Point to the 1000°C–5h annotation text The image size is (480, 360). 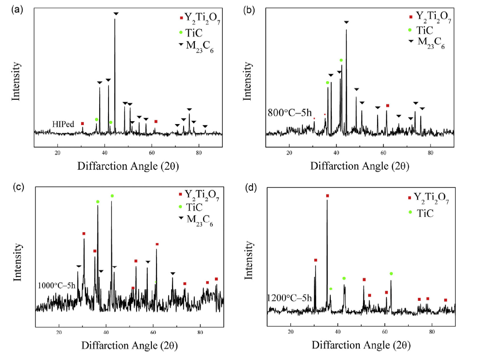[x=56, y=286]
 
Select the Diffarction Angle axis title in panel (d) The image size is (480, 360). [x=361, y=346]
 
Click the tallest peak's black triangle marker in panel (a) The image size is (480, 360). [x=116, y=14]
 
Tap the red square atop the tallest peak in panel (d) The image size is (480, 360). [x=327, y=196]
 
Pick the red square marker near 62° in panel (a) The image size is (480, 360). [x=156, y=121]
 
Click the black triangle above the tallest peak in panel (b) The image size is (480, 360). [x=346, y=22]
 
